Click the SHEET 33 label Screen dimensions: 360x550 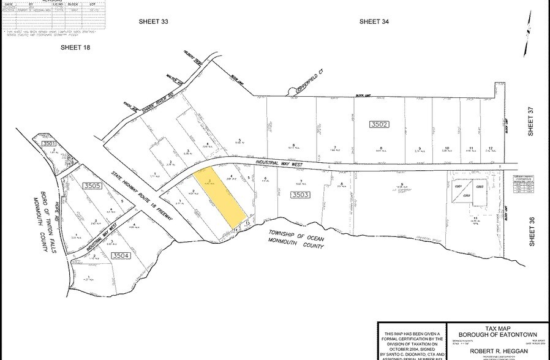pos(153,21)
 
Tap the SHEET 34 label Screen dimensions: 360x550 pos(374,21)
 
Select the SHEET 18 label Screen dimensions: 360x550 pos(75,47)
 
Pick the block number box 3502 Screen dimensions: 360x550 pos(380,124)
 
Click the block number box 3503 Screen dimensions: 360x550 pos(300,194)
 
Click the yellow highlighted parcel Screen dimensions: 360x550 pos(220,199)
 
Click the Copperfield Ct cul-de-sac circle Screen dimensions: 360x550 pos(292,92)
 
